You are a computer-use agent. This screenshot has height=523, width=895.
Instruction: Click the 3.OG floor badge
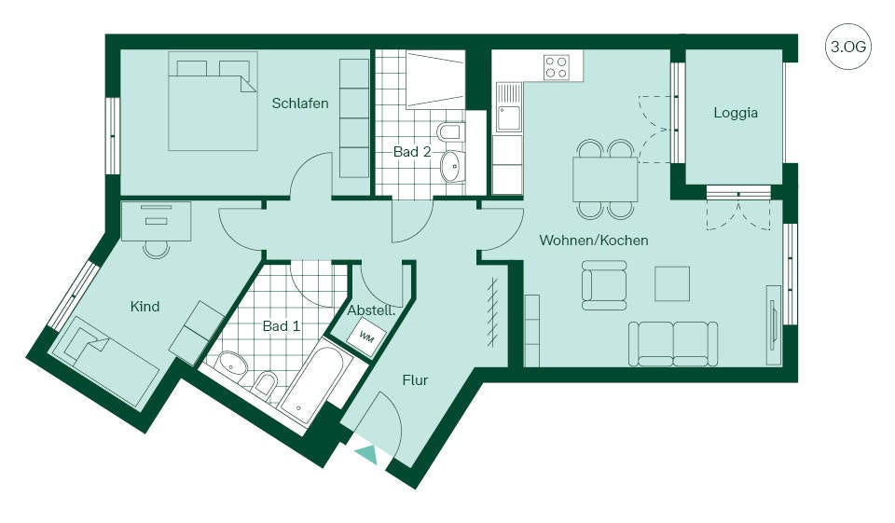click(x=847, y=47)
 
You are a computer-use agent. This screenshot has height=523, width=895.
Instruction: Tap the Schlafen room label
click(x=300, y=103)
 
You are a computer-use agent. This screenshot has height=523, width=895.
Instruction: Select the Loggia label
click(x=736, y=113)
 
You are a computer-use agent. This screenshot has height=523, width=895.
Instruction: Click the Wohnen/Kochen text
click(x=594, y=240)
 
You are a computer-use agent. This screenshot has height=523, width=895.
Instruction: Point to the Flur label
click(x=415, y=380)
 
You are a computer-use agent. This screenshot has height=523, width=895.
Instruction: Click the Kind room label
click(x=145, y=307)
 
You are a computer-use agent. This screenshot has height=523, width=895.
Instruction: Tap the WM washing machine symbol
click(x=366, y=337)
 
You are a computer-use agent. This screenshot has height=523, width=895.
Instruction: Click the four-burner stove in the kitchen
click(x=556, y=66)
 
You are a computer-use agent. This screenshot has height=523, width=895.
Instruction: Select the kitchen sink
click(x=508, y=107)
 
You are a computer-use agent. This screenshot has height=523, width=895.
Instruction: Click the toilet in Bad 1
click(x=265, y=384)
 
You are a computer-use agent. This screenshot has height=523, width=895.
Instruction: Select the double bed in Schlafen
click(x=213, y=101)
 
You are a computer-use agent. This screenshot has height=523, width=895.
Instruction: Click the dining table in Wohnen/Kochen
click(x=605, y=179)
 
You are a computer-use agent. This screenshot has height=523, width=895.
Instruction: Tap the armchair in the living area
click(x=604, y=285)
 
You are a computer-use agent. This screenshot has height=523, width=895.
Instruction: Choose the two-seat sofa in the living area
click(x=673, y=343)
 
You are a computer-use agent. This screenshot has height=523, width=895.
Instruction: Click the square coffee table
click(x=672, y=283)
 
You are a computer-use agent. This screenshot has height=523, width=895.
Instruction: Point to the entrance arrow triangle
click(x=366, y=453)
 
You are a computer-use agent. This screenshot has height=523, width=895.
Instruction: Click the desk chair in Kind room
click(x=156, y=248)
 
